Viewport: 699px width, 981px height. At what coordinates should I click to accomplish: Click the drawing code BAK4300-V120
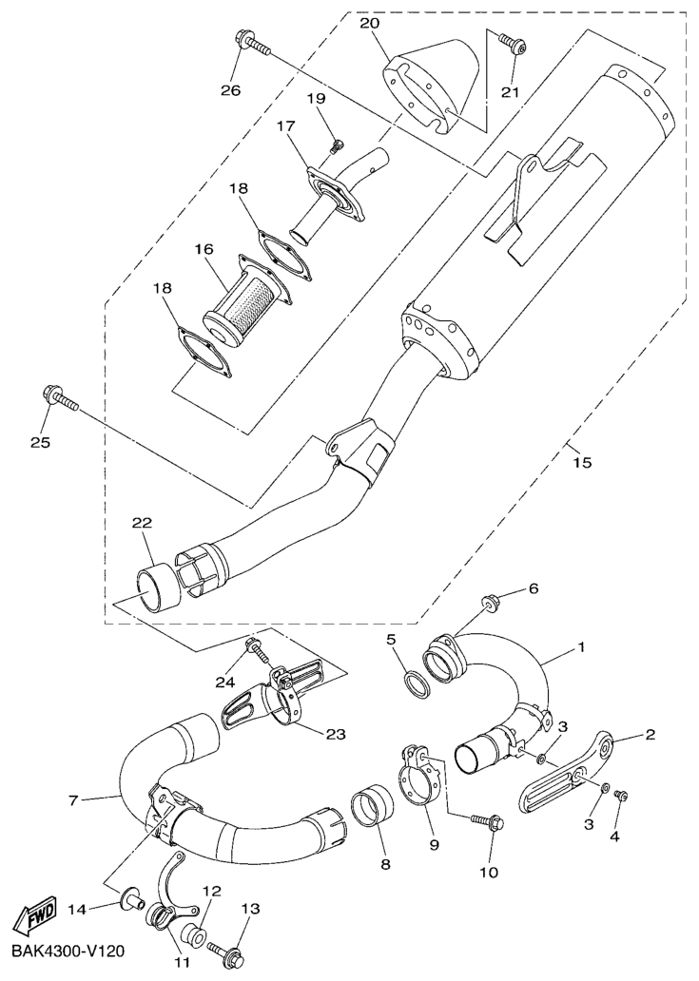[x=64, y=952]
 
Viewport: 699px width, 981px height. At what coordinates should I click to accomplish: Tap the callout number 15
[x=581, y=462]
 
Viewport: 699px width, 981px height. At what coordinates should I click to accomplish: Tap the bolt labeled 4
[x=621, y=796]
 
